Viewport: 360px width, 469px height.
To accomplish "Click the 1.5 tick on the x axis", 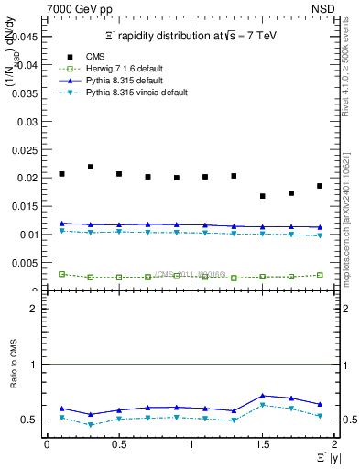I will coord(263,445).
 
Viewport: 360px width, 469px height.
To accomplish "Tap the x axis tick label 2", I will coord(335,445).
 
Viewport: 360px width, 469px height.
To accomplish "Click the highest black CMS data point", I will coord(90,167).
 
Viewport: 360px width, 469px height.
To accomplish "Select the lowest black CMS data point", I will coord(263,196).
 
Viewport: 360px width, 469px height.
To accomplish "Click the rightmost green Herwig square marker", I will coord(321,275).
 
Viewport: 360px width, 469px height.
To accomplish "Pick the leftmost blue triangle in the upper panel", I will coord(61,224).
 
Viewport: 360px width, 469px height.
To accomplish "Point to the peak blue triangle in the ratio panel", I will coord(263,396).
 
